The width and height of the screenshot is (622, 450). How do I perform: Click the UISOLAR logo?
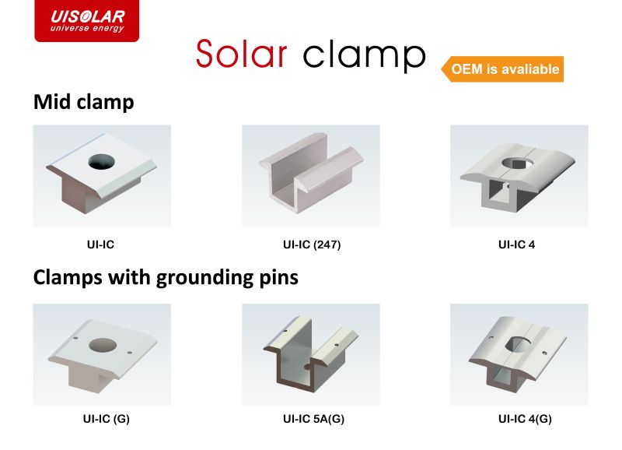(87, 21)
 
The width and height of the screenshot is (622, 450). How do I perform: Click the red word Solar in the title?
(242, 54)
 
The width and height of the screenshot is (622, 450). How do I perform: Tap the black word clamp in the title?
(364, 56)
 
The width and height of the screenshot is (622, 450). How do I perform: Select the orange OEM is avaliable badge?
(502, 69)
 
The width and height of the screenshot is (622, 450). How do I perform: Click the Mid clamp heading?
(84, 102)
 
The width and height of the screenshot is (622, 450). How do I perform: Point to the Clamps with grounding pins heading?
(166, 278)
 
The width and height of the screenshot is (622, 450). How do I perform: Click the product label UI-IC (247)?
(312, 244)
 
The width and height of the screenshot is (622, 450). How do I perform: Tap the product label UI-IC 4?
(516, 244)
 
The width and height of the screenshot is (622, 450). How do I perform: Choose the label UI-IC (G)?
(107, 419)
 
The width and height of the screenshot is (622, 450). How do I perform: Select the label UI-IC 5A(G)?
(314, 419)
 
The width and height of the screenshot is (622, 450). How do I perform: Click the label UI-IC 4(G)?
(525, 419)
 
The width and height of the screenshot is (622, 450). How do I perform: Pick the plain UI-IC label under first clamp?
(101, 244)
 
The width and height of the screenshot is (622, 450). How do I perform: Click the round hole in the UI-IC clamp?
(102, 162)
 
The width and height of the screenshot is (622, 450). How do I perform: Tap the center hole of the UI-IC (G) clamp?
(103, 345)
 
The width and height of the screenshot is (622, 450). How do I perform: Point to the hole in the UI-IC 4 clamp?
(517, 163)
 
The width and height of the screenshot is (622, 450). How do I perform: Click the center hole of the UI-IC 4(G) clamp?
(519, 343)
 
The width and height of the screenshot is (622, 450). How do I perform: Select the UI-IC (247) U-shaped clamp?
(311, 172)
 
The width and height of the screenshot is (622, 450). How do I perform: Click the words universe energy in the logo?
(87, 28)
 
